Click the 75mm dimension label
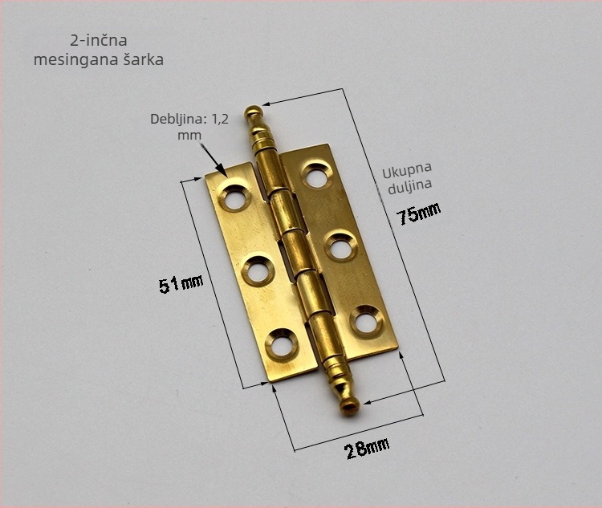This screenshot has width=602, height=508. point(419,213)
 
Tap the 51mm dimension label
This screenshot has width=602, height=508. point(181,284)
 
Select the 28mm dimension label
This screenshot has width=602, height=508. point(367,448)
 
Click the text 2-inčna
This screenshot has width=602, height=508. point(99,40)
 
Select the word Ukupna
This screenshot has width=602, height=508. point(407,170)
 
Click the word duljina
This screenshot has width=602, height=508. point(409,187)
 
